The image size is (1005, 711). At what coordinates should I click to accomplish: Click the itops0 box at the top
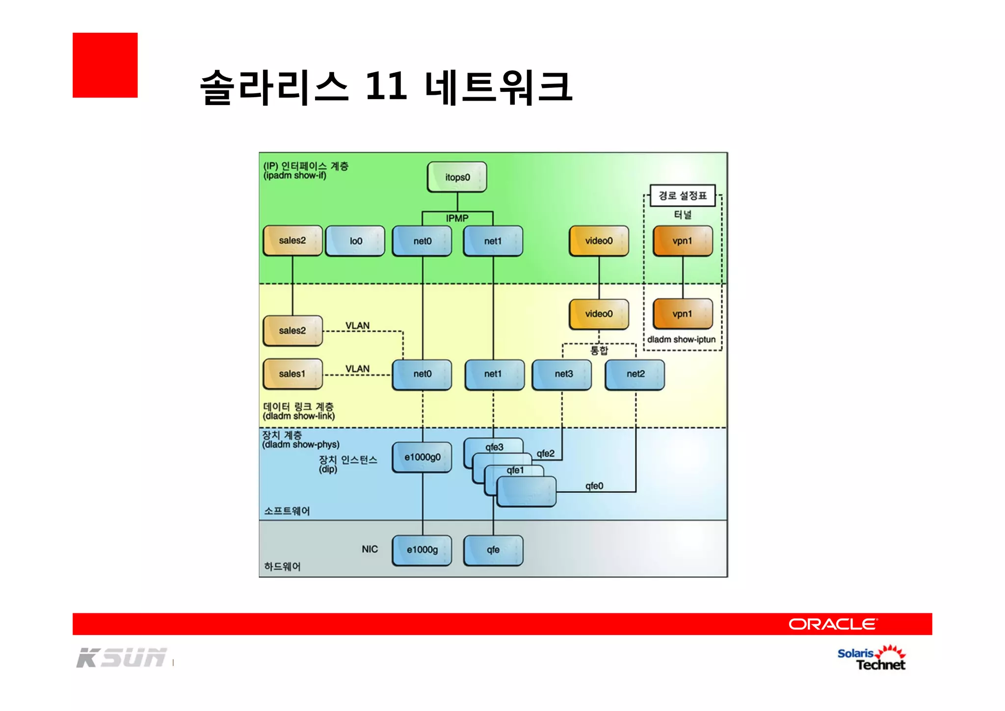click(457, 177)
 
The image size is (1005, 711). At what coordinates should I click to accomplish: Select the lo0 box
click(355, 241)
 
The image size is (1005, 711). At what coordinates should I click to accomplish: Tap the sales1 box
click(292, 374)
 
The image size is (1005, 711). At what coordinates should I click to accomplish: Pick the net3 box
click(562, 374)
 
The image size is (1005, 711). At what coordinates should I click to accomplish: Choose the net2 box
click(635, 374)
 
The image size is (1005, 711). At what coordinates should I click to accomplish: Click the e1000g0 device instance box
click(422, 457)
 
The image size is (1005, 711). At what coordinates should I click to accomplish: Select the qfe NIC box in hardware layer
click(493, 550)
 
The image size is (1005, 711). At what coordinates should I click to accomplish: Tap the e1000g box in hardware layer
click(422, 550)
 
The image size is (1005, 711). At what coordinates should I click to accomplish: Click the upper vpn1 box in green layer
click(682, 241)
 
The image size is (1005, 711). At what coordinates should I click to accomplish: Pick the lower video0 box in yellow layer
click(599, 314)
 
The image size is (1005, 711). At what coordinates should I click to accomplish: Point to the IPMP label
click(457, 218)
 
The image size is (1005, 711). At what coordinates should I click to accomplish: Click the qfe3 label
click(494, 447)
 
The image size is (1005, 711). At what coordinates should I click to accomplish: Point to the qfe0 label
click(594, 486)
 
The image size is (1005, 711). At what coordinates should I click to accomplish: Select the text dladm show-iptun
click(681, 339)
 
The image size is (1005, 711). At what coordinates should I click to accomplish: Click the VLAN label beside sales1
click(357, 369)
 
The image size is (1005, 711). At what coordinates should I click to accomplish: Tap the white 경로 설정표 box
click(682, 195)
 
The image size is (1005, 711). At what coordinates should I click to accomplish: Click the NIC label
click(370, 549)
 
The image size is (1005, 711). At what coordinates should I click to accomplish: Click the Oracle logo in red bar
click(833, 624)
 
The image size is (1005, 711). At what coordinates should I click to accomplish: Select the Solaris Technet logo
click(872, 658)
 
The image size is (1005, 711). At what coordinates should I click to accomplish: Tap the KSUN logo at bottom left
click(122, 658)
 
